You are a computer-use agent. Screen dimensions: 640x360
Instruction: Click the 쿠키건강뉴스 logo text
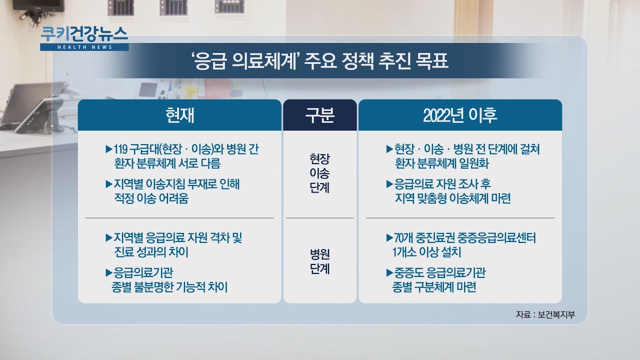[x=84, y=34]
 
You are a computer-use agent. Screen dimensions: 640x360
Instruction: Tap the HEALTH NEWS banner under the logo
[x=84, y=47]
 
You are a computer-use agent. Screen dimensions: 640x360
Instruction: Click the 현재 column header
[x=179, y=115]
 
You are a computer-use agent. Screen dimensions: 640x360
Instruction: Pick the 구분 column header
[x=319, y=115]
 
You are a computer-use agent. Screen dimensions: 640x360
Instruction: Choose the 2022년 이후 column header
[x=460, y=115]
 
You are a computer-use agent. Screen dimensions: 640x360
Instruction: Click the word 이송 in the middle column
[x=319, y=173]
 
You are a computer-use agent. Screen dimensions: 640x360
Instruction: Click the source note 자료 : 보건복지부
[x=545, y=314]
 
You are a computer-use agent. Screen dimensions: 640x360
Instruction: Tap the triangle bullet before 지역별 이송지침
[x=109, y=184]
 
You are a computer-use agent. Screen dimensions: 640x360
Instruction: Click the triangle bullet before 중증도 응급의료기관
[x=389, y=273]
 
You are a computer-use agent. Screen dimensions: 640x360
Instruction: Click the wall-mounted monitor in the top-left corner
[x=38, y=5]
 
